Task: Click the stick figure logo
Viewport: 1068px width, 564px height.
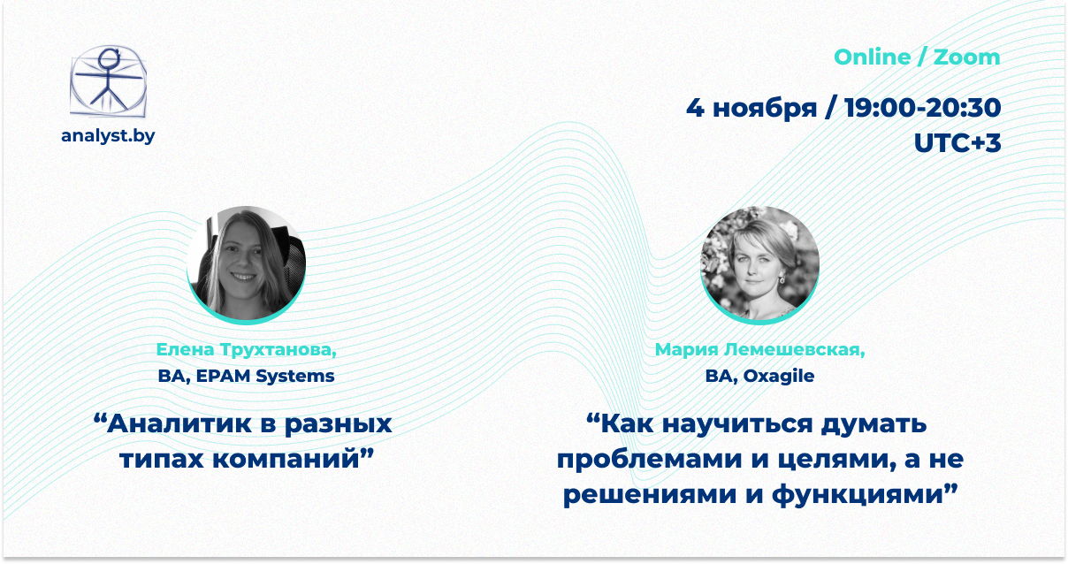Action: (x=108, y=81)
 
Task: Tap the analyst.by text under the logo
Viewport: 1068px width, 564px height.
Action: (x=108, y=136)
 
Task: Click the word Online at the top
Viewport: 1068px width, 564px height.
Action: (x=872, y=57)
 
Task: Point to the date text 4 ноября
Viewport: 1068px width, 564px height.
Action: (x=751, y=108)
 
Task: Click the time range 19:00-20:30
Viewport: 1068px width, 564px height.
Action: (x=923, y=107)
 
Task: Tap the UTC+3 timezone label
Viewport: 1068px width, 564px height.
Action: (x=957, y=142)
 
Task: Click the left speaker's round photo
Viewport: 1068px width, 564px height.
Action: (x=246, y=264)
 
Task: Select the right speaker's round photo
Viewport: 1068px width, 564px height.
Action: (x=759, y=264)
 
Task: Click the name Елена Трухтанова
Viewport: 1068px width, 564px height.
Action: (x=246, y=349)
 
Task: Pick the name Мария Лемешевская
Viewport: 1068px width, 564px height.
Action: (x=759, y=349)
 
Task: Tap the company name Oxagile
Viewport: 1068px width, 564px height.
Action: (x=779, y=377)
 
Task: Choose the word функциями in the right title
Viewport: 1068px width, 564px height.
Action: (x=858, y=494)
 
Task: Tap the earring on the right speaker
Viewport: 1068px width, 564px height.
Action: (x=782, y=278)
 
